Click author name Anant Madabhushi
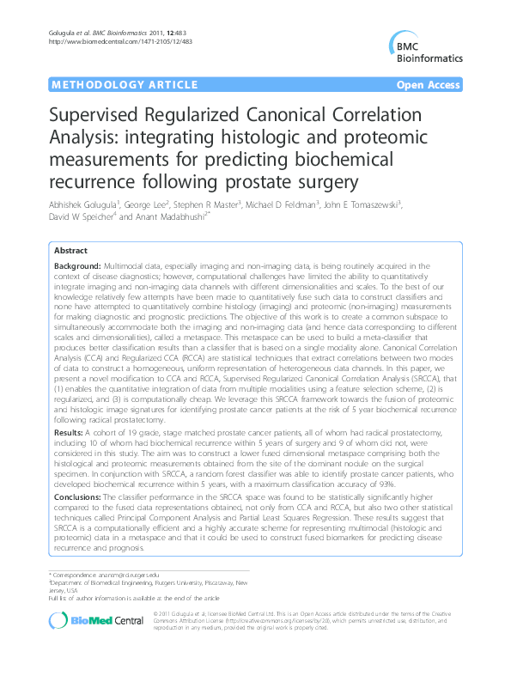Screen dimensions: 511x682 173,220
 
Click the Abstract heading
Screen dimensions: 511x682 70,251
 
